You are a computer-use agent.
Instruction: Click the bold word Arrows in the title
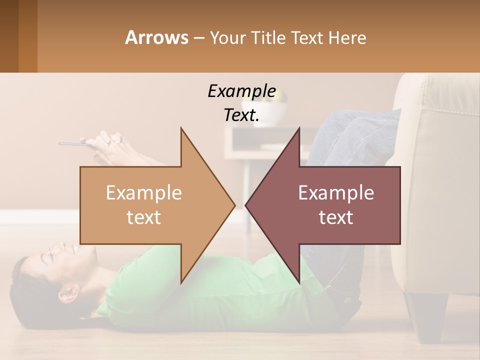[156, 38]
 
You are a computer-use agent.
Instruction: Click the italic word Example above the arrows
[241, 91]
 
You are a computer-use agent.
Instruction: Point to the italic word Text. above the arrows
[241, 115]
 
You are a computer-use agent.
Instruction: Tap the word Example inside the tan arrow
[144, 193]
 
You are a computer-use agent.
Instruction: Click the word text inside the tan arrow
[144, 217]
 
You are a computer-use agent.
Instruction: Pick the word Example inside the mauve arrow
[336, 193]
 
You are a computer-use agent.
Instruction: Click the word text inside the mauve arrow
[336, 217]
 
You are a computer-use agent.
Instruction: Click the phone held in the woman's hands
[75, 144]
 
